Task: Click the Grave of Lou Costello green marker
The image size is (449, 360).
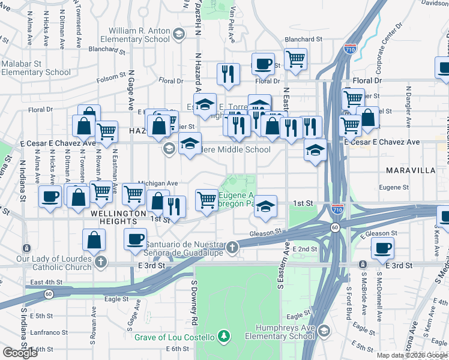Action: point(224,335)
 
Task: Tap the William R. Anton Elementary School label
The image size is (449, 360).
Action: point(139,35)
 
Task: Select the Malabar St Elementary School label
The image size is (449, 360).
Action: point(36,68)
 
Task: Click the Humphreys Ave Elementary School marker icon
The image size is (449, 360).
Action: point(324,331)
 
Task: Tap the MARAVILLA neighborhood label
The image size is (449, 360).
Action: point(411,170)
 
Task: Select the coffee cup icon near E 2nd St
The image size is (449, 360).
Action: point(382,247)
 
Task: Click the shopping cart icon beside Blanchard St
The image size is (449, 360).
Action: point(295,59)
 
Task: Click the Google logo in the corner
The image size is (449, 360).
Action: point(20,352)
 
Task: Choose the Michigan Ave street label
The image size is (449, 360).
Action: point(158,183)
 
